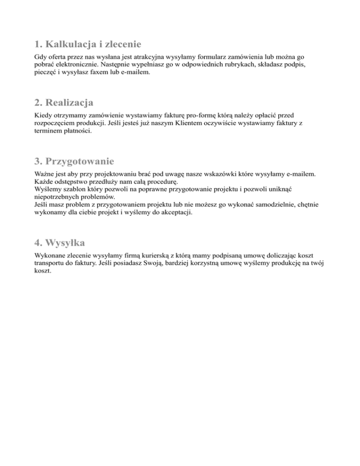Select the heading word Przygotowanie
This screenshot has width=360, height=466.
click(x=80, y=162)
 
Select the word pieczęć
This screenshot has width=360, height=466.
click(x=45, y=73)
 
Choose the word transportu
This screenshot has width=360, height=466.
click(x=51, y=263)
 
